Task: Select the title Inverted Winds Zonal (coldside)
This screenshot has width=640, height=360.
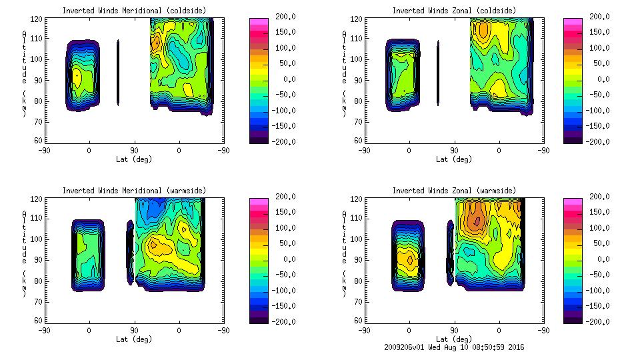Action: click(x=454, y=11)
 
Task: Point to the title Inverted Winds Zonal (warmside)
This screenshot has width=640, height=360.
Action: click(x=454, y=191)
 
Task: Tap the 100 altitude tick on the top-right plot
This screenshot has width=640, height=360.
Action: click(x=354, y=59)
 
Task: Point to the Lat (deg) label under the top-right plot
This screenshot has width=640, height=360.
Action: click(x=451, y=159)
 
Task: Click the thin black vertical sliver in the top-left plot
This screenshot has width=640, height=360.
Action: click(x=118, y=72)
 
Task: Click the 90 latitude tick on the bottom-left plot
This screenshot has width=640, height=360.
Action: click(x=134, y=330)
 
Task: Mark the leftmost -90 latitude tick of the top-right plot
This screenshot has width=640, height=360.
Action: click(x=364, y=150)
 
